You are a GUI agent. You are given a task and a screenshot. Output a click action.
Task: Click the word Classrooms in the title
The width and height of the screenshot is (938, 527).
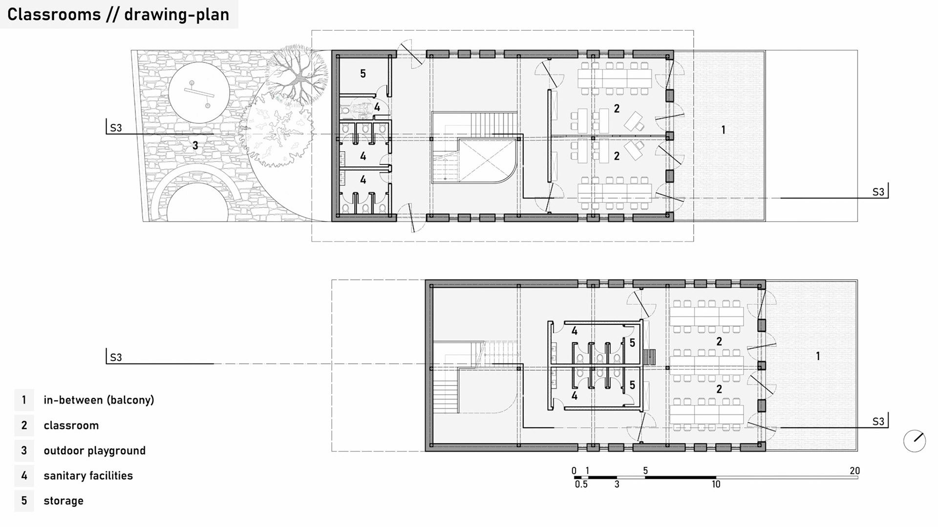coord(54,15)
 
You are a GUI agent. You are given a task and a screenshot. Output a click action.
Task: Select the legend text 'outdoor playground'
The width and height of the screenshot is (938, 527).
coord(95,450)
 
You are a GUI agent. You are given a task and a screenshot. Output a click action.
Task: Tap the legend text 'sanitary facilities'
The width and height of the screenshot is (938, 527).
coord(88,476)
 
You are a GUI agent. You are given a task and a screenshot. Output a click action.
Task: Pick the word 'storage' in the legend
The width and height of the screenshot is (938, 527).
coord(64,501)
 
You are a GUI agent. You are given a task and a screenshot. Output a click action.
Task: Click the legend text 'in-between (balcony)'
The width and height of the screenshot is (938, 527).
coord(99,400)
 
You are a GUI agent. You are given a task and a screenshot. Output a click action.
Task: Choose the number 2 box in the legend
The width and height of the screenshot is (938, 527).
coord(24,426)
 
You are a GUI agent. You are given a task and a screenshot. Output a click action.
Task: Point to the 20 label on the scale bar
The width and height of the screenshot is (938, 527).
coord(854,471)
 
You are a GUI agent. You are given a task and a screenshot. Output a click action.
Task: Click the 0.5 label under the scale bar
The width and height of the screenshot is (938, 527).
coord(581,485)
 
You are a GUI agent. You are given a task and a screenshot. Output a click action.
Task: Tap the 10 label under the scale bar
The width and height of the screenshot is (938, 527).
coord(716,485)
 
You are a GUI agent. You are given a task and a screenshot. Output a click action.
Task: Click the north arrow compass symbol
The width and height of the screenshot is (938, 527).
coord(915,441)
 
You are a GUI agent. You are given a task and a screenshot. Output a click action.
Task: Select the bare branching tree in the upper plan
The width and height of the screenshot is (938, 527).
coord(297,75)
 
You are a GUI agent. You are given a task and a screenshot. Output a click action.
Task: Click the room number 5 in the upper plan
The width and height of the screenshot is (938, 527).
coord(363,74)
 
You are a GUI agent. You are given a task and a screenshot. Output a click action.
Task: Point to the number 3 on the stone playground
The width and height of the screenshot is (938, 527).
coord(195,145)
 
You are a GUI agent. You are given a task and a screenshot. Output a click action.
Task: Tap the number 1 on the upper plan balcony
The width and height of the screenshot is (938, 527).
coord(724,130)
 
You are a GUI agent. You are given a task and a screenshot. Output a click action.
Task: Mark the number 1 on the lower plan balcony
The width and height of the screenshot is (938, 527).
coord(818,356)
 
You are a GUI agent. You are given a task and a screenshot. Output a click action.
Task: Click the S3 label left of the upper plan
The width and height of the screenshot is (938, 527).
coord(116,128)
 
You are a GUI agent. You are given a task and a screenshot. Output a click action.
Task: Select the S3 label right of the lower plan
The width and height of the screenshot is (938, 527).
coord(878,422)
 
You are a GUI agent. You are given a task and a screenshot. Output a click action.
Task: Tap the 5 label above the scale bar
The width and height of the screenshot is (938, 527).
coord(645,471)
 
